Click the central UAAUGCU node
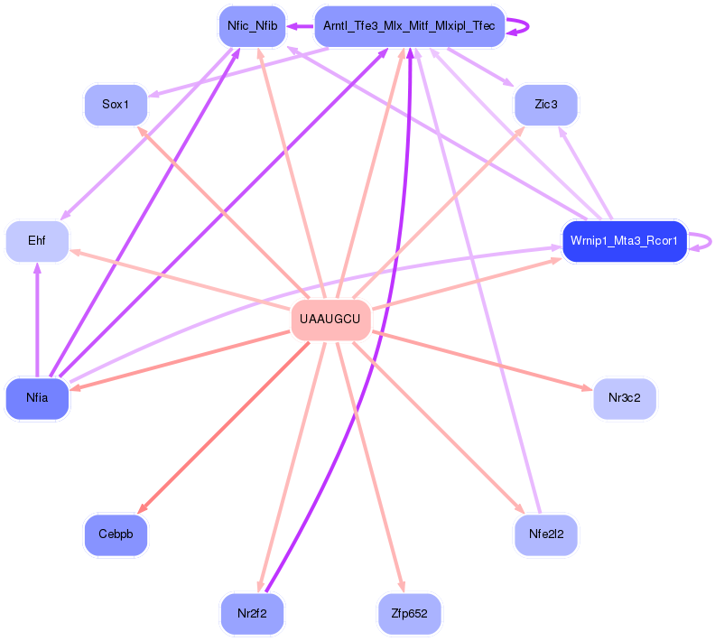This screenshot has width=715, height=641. click(330, 320)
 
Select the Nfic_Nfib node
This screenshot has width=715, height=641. click(253, 26)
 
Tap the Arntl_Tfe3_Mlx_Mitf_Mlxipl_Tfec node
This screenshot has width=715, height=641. click(408, 26)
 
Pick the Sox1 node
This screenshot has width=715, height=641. click(116, 105)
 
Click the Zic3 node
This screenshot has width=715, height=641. click(545, 105)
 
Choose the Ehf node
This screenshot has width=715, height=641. click(37, 241)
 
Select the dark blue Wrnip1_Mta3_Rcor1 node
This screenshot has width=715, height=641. click(624, 241)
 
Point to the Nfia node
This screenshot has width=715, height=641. click(37, 397)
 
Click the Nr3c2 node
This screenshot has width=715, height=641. click(624, 397)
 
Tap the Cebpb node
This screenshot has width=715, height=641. click(116, 534)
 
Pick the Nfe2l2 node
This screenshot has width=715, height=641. click(545, 534)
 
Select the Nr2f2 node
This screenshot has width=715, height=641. click(253, 614)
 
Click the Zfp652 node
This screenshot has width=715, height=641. click(409, 614)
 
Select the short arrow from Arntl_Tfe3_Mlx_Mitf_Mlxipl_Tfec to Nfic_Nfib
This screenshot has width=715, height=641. click(300, 26)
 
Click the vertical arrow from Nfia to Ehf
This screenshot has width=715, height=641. click(37, 316)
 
